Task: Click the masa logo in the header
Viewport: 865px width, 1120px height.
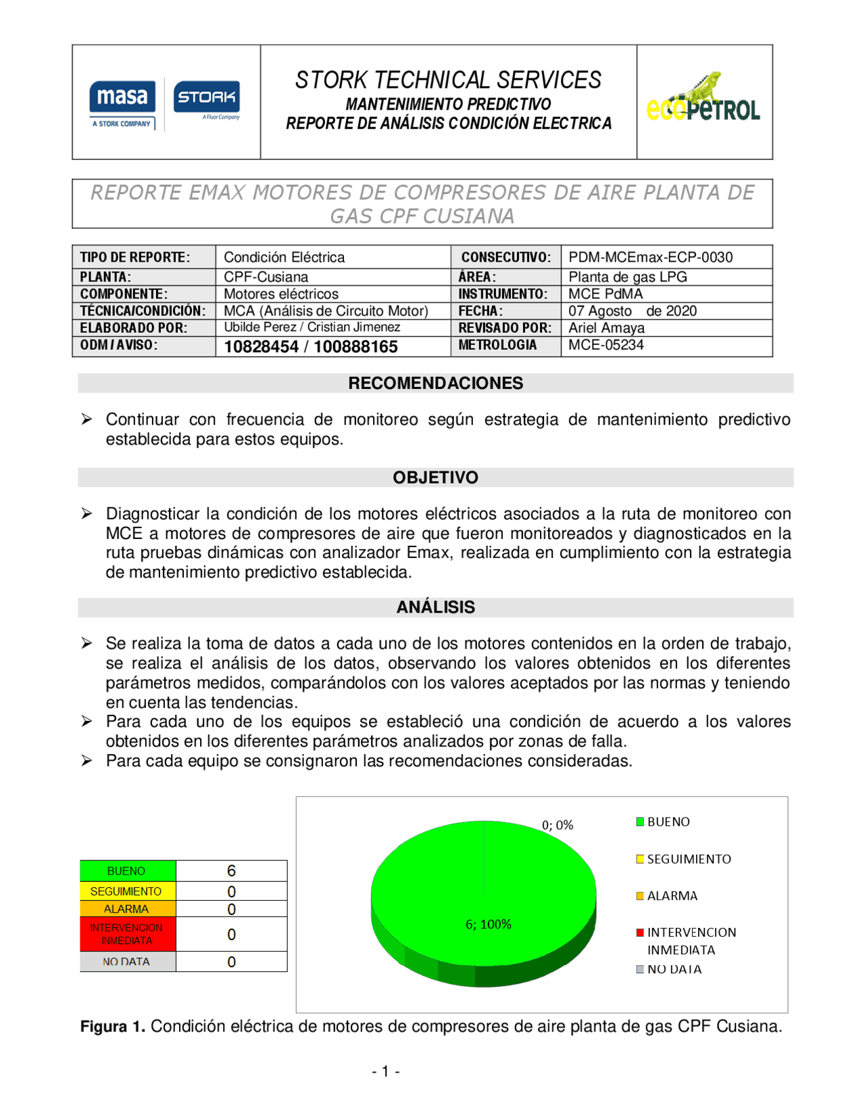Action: coord(122,103)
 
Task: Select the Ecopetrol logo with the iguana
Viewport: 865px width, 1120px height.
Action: coord(703,99)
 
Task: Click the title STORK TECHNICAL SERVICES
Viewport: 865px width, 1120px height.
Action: coord(448,80)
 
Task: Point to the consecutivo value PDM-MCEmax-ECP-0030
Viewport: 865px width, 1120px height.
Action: coord(650,257)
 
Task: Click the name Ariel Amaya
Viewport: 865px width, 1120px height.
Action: coord(606,328)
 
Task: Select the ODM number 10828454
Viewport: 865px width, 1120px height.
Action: coord(262,347)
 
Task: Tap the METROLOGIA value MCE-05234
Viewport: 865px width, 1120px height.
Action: coord(605,345)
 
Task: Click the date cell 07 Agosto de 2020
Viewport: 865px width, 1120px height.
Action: coord(632,311)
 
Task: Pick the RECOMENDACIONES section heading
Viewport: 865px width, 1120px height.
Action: coord(435,383)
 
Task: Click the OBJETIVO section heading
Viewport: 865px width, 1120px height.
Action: coord(435,477)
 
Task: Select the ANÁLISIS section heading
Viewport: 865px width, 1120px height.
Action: coord(435,607)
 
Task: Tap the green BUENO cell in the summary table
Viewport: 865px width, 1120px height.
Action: coord(127,871)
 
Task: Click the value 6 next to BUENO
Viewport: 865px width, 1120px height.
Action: coord(231,871)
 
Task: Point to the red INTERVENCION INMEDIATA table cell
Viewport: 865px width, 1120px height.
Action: coord(127,934)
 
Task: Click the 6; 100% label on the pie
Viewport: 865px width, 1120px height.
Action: coord(488,925)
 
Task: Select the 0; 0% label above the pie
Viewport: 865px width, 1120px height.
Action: coord(558,825)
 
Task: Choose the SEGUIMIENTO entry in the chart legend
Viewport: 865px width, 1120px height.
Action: coord(688,859)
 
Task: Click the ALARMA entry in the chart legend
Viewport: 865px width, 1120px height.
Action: coord(671,896)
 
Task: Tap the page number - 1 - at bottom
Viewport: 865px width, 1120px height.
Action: coord(386,1071)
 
